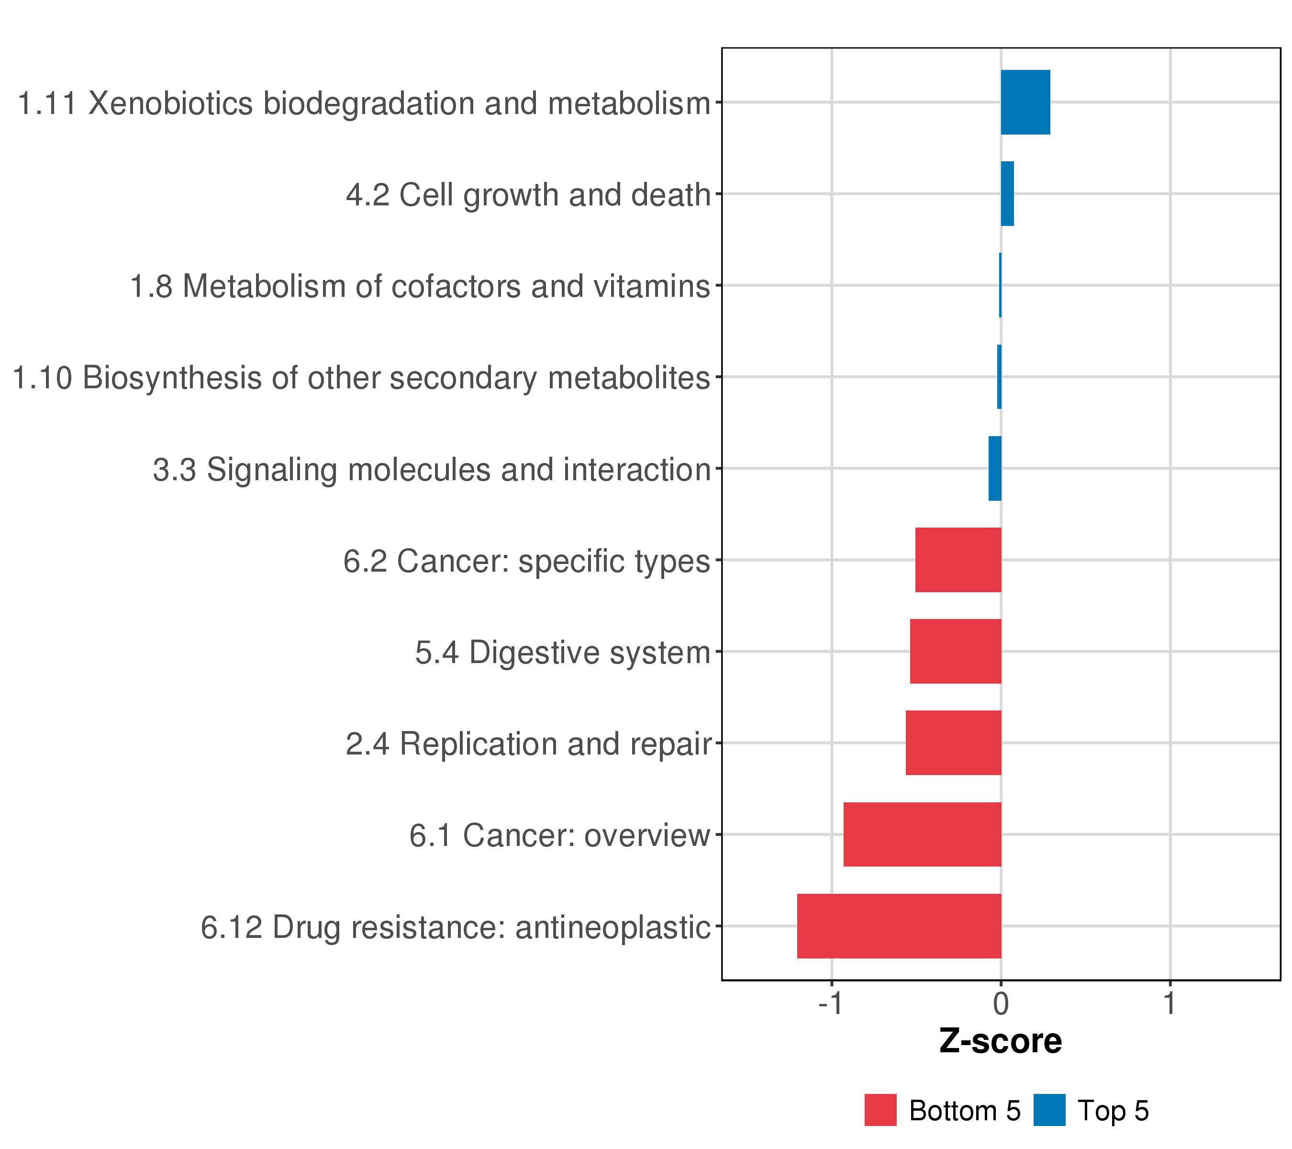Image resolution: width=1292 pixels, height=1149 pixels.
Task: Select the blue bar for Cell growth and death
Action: [1007, 193]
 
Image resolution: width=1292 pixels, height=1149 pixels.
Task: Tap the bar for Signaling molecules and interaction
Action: [995, 469]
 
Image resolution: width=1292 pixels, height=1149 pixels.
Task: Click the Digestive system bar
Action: [955, 651]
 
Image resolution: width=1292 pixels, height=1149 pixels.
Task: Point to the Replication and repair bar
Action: [953, 743]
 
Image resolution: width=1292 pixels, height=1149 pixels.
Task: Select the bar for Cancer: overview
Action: [922, 834]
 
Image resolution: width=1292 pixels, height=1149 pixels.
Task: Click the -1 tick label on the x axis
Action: [830, 1003]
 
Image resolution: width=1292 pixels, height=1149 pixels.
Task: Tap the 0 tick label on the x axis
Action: [1001, 1003]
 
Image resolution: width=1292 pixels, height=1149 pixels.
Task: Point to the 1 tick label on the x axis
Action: [1169, 1003]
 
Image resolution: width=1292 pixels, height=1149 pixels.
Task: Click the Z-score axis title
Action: [1001, 1041]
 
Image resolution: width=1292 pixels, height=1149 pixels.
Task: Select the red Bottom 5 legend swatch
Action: [880, 1110]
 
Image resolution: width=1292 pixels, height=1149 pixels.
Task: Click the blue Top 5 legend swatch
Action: [1049, 1110]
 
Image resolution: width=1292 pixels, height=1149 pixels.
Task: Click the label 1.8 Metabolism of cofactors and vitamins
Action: [420, 286]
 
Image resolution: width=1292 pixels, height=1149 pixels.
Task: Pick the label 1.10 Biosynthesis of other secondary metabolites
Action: [361, 378]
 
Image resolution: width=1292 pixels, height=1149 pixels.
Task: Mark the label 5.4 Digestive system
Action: [563, 653]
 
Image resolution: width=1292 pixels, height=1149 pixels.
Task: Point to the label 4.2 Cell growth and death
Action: [528, 195]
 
